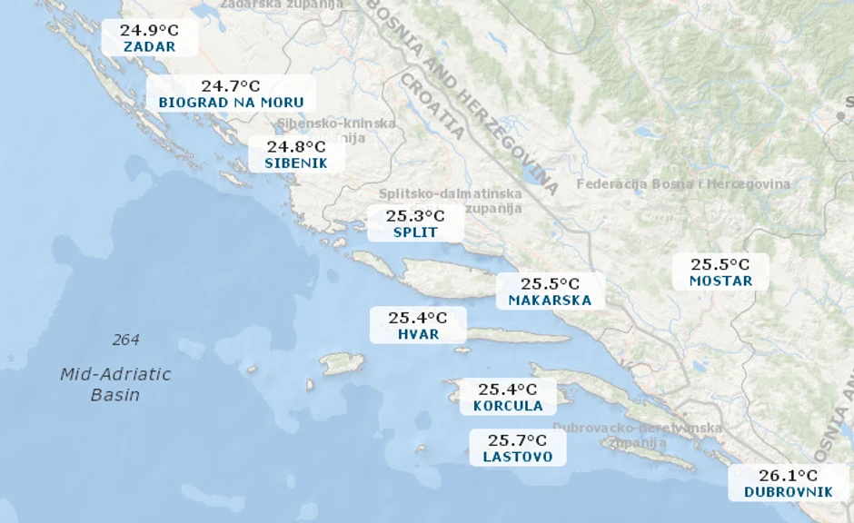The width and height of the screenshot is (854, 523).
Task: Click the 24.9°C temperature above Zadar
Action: coord(149,30)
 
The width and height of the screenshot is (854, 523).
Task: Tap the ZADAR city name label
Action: coord(149,47)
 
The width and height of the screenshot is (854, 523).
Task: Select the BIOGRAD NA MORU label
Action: coord(231,103)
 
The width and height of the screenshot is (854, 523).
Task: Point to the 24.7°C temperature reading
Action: coord(231,86)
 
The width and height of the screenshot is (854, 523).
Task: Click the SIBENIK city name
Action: coord(296,163)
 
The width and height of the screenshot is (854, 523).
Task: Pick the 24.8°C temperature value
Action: coord(296,146)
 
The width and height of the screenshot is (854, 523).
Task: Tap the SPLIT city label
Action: coord(415,232)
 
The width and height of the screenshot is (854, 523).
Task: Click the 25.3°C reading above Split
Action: coord(415,216)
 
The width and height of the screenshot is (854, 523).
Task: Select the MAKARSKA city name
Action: coord(550,301)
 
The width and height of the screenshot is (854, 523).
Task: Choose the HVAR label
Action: coord(418,334)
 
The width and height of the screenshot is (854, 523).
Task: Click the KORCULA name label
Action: coord(508,406)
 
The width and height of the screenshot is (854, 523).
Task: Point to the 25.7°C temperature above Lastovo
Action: coord(518,440)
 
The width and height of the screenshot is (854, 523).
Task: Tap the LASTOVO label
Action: coord(518,457)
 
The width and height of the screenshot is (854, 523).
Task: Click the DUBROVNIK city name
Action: coord(788,492)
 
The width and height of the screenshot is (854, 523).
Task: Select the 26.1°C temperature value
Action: coord(788,475)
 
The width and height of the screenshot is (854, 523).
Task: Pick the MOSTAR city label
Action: coord(720,281)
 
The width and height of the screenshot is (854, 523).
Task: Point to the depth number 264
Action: coord(126,340)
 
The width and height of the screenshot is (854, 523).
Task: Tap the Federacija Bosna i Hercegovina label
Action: coord(683,184)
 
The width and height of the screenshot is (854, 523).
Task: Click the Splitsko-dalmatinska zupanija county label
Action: coord(451,201)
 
